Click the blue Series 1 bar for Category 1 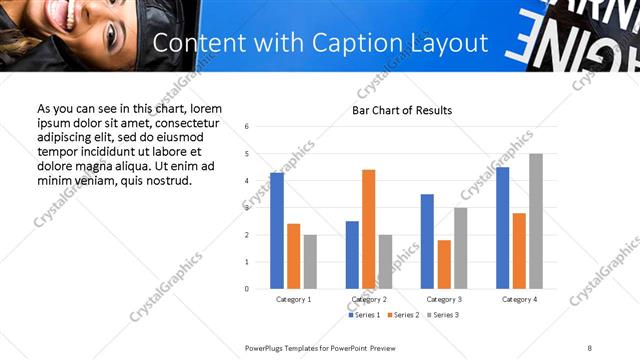(x=277, y=231)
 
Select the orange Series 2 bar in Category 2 (x=369, y=229)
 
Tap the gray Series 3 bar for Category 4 (x=536, y=221)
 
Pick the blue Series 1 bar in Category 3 (x=427, y=241)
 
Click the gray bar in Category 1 (x=310, y=262)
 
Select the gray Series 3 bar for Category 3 (x=461, y=248)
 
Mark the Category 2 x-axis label (x=369, y=299)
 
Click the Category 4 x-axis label (x=519, y=299)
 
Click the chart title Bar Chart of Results (x=402, y=110)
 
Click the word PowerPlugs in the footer (x=266, y=346)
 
